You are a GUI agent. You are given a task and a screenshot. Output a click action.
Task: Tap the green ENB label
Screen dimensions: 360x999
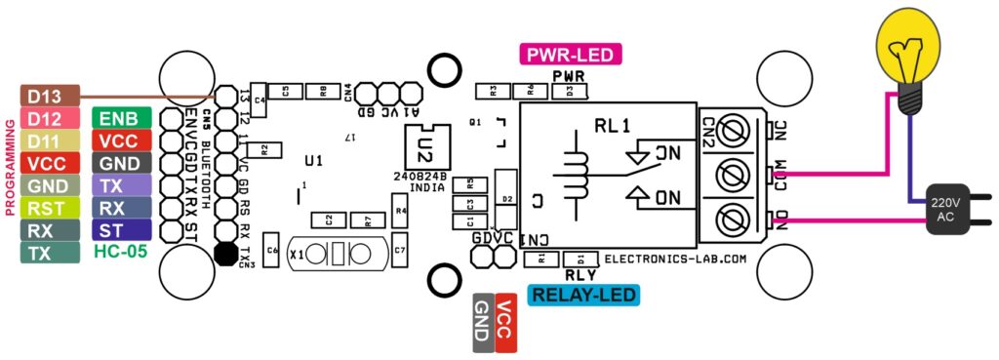[x=120, y=118]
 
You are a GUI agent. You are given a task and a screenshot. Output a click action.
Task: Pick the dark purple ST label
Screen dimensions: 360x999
[x=120, y=230]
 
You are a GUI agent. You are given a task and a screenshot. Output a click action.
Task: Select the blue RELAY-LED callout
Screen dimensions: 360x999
[x=582, y=295]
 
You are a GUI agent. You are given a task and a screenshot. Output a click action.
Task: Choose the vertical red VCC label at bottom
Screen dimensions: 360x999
[x=505, y=321]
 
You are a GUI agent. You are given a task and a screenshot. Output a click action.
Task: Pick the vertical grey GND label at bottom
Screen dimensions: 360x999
[x=483, y=321]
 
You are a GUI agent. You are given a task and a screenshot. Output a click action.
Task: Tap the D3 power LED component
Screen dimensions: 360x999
[x=570, y=92]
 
